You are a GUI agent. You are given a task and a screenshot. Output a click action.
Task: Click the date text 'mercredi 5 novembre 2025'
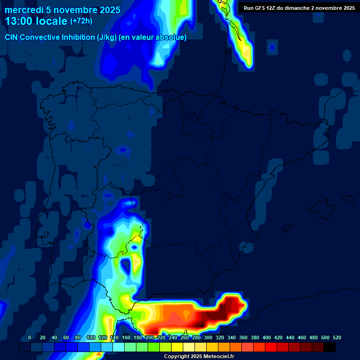[62, 10]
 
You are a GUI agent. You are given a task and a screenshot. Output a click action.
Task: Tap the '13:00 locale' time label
[36, 22]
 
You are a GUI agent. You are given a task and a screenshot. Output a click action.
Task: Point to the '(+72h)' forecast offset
[81, 21]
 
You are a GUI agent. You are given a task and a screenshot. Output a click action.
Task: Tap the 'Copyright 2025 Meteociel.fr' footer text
[199, 357]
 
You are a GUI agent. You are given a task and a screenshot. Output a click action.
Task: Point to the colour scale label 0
[30, 338]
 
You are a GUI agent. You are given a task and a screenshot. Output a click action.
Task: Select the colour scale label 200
[150, 338]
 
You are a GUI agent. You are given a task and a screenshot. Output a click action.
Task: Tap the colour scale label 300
[208, 338]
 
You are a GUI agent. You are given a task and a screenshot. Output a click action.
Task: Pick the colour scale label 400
[267, 338]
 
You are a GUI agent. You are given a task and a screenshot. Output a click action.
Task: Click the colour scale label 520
[337, 338]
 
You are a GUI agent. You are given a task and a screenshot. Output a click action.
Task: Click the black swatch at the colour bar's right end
[329, 347]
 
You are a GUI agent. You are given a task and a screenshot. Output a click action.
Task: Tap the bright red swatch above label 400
[270, 347]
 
